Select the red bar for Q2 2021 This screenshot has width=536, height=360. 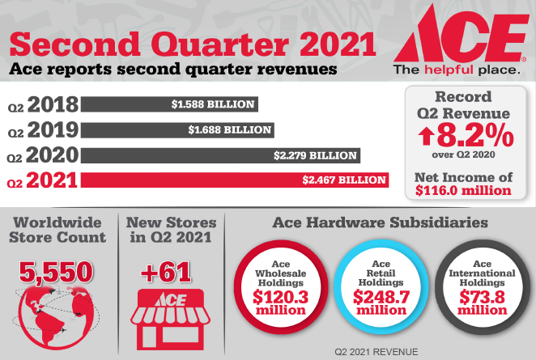(235, 179)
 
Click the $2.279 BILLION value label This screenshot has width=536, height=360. (317, 154)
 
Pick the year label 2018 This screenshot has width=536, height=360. (52, 105)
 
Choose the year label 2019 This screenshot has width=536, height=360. (52, 129)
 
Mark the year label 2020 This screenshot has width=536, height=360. (52, 155)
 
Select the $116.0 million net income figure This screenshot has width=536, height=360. (463, 191)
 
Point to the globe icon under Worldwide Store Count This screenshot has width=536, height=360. (52, 311)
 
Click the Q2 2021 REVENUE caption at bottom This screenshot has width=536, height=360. (380, 353)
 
